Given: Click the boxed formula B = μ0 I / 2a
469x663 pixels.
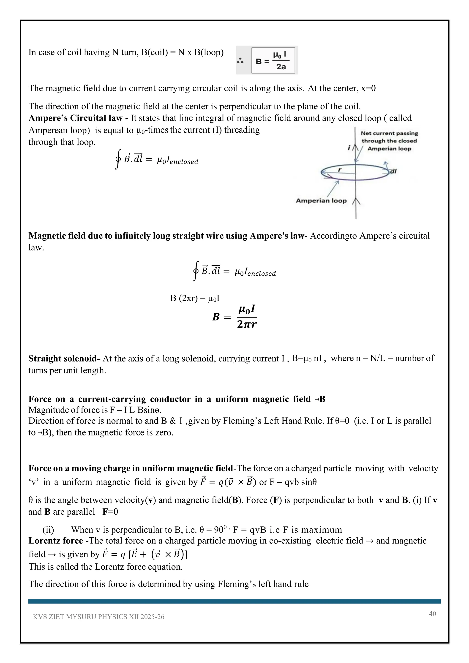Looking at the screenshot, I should coord(273,60).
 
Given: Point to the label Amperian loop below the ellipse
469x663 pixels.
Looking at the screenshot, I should coord(321,201).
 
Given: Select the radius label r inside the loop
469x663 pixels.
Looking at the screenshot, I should coord(340,170).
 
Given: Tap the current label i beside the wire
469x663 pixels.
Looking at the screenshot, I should coord(349,148).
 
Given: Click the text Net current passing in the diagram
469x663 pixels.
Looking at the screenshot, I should coord(389,133).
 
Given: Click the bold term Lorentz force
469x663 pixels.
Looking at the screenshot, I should coord(55,541).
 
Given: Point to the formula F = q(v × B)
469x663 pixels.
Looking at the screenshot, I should coord(228,482).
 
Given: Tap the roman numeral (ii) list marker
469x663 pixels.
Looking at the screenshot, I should coord(48,530).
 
